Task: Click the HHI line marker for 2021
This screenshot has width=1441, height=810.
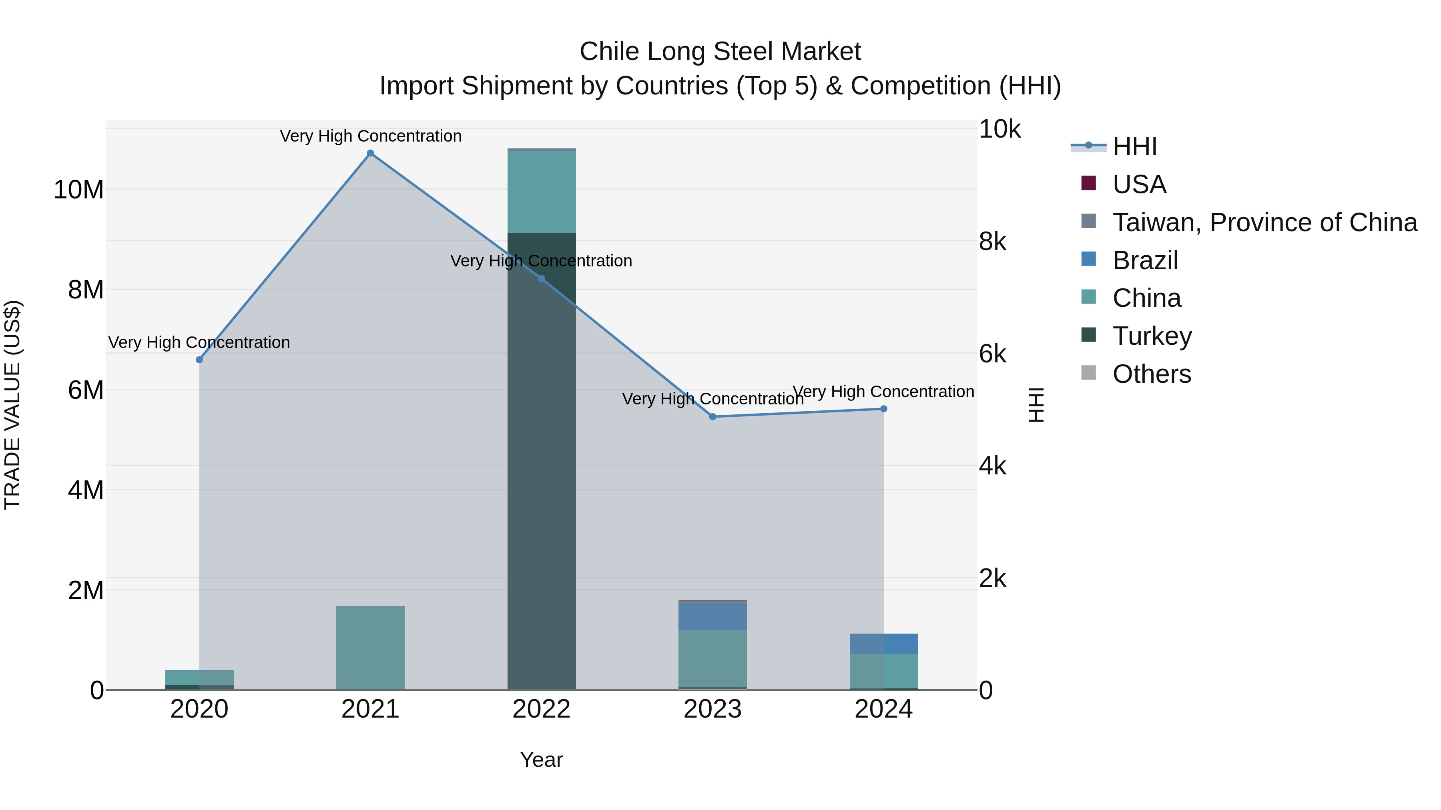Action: (370, 153)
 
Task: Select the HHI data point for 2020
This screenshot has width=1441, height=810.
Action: (199, 360)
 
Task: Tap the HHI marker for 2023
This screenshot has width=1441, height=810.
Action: (712, 416)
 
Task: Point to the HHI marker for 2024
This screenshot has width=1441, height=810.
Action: (883, 409)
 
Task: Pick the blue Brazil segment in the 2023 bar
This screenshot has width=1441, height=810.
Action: (712, 616)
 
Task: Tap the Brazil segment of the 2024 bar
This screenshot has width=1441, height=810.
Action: (883, 644)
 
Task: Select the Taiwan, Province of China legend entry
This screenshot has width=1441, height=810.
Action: (1264, 222)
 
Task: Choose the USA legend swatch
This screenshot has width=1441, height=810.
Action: (1089, 183)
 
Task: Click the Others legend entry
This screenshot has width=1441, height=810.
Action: (1151, 374)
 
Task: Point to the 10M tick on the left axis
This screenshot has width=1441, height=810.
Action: (78, 190)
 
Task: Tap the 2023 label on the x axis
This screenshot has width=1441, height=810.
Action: (712, 709)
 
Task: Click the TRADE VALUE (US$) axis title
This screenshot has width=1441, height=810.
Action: (12, 405)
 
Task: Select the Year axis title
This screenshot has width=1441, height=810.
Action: (541, 760)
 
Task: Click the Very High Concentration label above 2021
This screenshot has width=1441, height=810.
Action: (370, 136)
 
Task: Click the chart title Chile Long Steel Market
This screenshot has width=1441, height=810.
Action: (720, 52)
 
